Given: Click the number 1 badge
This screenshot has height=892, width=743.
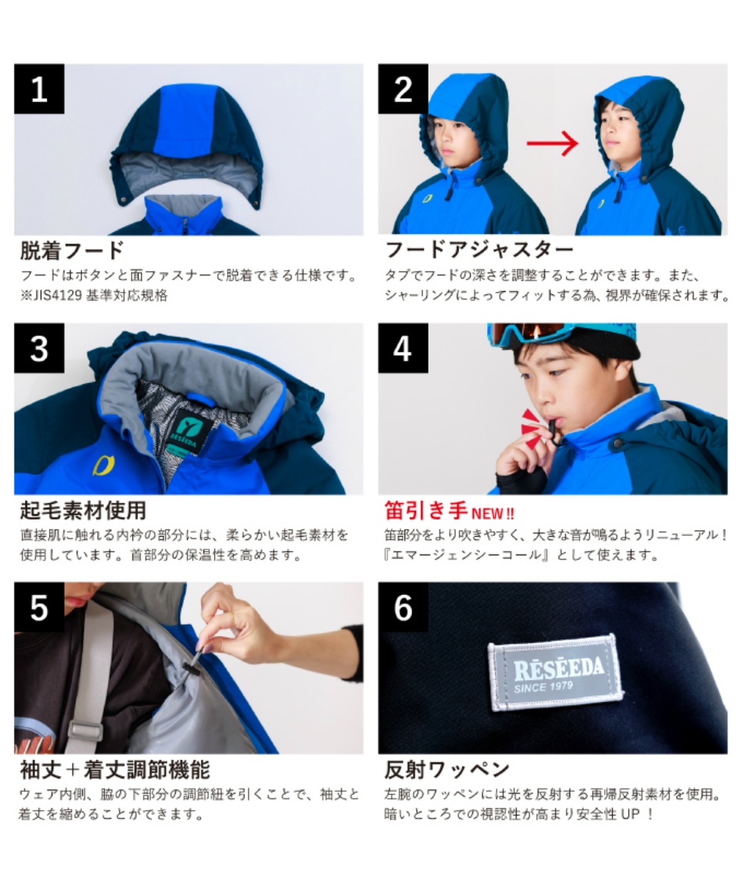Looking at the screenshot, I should pyautogui.click(x=39, y=89).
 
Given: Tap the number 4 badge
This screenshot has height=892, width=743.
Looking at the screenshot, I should pyautogui.click(x=403, y=348).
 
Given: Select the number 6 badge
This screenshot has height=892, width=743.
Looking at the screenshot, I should pyautogui.click(x=403, y=607).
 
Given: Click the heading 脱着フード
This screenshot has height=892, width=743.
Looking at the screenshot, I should pyautogui.click(x=72, y=251).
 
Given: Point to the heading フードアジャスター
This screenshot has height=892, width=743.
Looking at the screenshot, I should pyautogui.click(x=479, y=251).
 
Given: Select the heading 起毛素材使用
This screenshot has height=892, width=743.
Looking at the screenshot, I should pyautogui.click(x=83, y=511).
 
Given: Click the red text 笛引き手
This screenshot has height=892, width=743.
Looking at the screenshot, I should pyautogui.click(x=425, y=511).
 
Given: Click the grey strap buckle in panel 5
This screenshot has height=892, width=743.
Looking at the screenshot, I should pyautogui.click(x=84, y=732).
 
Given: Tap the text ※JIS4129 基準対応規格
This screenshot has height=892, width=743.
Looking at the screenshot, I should pyautogui.click(x=93, y=296).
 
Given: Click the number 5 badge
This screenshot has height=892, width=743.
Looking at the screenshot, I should pyautogui.click(x=39, y=607).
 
